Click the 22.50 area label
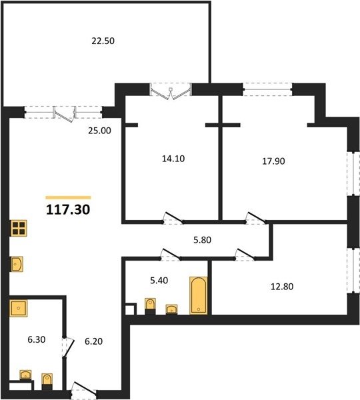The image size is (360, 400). (103, 41)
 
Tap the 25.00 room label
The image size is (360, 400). (99, 131)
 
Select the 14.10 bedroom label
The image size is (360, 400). (173, 159)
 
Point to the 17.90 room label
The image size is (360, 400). (273, 161)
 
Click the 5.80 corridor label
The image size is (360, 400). (202, 240)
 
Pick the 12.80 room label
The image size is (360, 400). (282, 287)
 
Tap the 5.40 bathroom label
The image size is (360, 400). (159, 281)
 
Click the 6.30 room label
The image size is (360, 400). (37, 339)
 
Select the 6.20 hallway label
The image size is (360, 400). (93, 341)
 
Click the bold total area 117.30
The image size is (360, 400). (68, 209)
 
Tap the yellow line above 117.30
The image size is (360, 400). (68, 197)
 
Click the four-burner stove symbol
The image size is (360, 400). (19, 228)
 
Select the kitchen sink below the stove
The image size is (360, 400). (17, 264)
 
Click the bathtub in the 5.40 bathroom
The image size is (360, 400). (198, 295)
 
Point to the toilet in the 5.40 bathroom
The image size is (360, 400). (150, 306)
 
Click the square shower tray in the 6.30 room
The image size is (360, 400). (19, 308)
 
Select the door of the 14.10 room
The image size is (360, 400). (173, 219)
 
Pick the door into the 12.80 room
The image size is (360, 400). (245, 255)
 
